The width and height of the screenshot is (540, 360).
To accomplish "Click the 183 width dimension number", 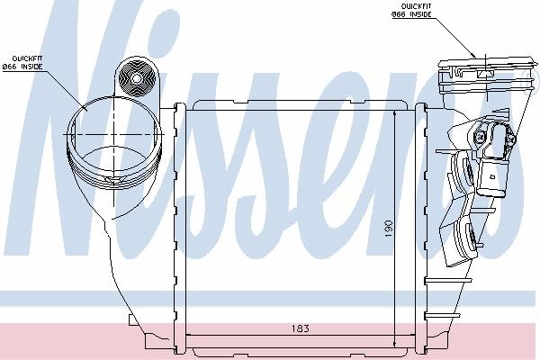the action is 301,328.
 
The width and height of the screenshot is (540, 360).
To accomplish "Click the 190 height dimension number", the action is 388,228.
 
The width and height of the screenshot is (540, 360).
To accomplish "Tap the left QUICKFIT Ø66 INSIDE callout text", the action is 22,62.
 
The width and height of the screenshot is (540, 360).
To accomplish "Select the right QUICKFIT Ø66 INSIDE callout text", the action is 411,10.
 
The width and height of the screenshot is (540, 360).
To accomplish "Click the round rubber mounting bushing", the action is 137,78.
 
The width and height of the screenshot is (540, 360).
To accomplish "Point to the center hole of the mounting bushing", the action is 137,79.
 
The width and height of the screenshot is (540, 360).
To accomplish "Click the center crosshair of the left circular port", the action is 114,134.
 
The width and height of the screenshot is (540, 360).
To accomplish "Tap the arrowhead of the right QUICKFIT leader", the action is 473,55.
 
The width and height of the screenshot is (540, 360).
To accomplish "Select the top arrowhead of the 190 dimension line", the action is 395,112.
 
